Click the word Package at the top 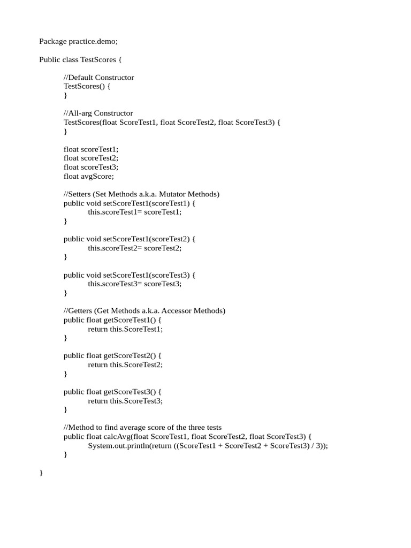click(x=53, y=41)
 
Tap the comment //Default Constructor click(x=98, y=78)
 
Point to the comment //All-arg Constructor click(x=98, y=113)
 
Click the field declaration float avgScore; click(x=89, y=176)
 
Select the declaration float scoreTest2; click(x=90, y=158)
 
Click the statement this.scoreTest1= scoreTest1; click(x=135, y=212)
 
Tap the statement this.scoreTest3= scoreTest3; click(x=135, y=284)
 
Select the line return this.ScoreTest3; click(x=125, y=401)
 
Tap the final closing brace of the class click(x=41, y=473)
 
